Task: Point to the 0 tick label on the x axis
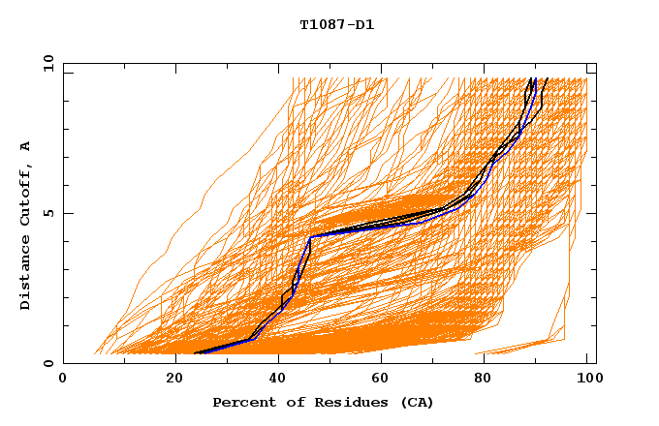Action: (63, 380)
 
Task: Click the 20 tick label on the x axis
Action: (174, 380)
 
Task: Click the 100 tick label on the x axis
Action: (586, 380)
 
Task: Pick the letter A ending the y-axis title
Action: (25, 146)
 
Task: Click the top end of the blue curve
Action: (535, 78)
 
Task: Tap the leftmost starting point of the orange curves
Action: (94, 353)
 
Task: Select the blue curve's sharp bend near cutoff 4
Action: (310, 236)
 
